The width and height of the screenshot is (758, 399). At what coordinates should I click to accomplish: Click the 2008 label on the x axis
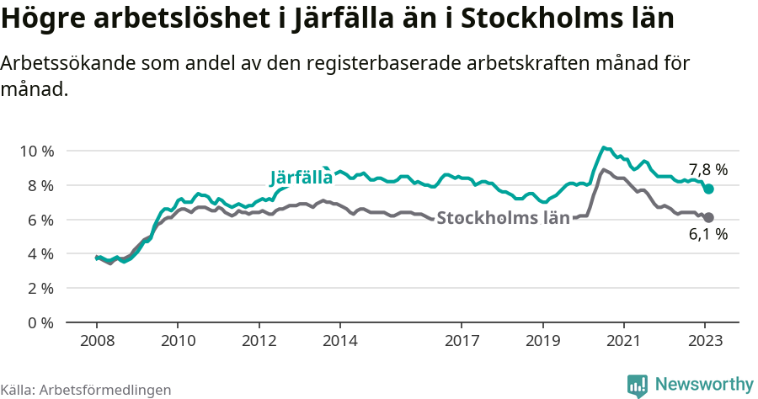[97, 342]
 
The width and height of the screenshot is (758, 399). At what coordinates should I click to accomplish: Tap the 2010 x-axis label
[178, 342]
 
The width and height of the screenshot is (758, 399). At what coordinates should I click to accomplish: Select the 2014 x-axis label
[340, 342]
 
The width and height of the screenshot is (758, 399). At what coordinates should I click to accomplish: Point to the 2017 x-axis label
[462, 342]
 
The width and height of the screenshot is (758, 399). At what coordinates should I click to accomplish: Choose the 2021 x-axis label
[624, 342]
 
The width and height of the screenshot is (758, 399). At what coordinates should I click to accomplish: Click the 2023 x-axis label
[705, 342]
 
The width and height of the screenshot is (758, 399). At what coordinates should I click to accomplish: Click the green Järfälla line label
[301, 178]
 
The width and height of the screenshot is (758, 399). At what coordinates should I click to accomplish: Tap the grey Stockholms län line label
[504, 218]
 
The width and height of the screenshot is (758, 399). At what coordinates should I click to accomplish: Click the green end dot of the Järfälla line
[709, 189]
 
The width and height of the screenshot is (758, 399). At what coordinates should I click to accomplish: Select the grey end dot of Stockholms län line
[709, 217]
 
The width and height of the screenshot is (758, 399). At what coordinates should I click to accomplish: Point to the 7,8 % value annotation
[707, 169]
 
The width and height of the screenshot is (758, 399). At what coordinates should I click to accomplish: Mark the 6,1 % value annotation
[707, 235]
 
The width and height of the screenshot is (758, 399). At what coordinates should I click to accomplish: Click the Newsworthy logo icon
[638, 385]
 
